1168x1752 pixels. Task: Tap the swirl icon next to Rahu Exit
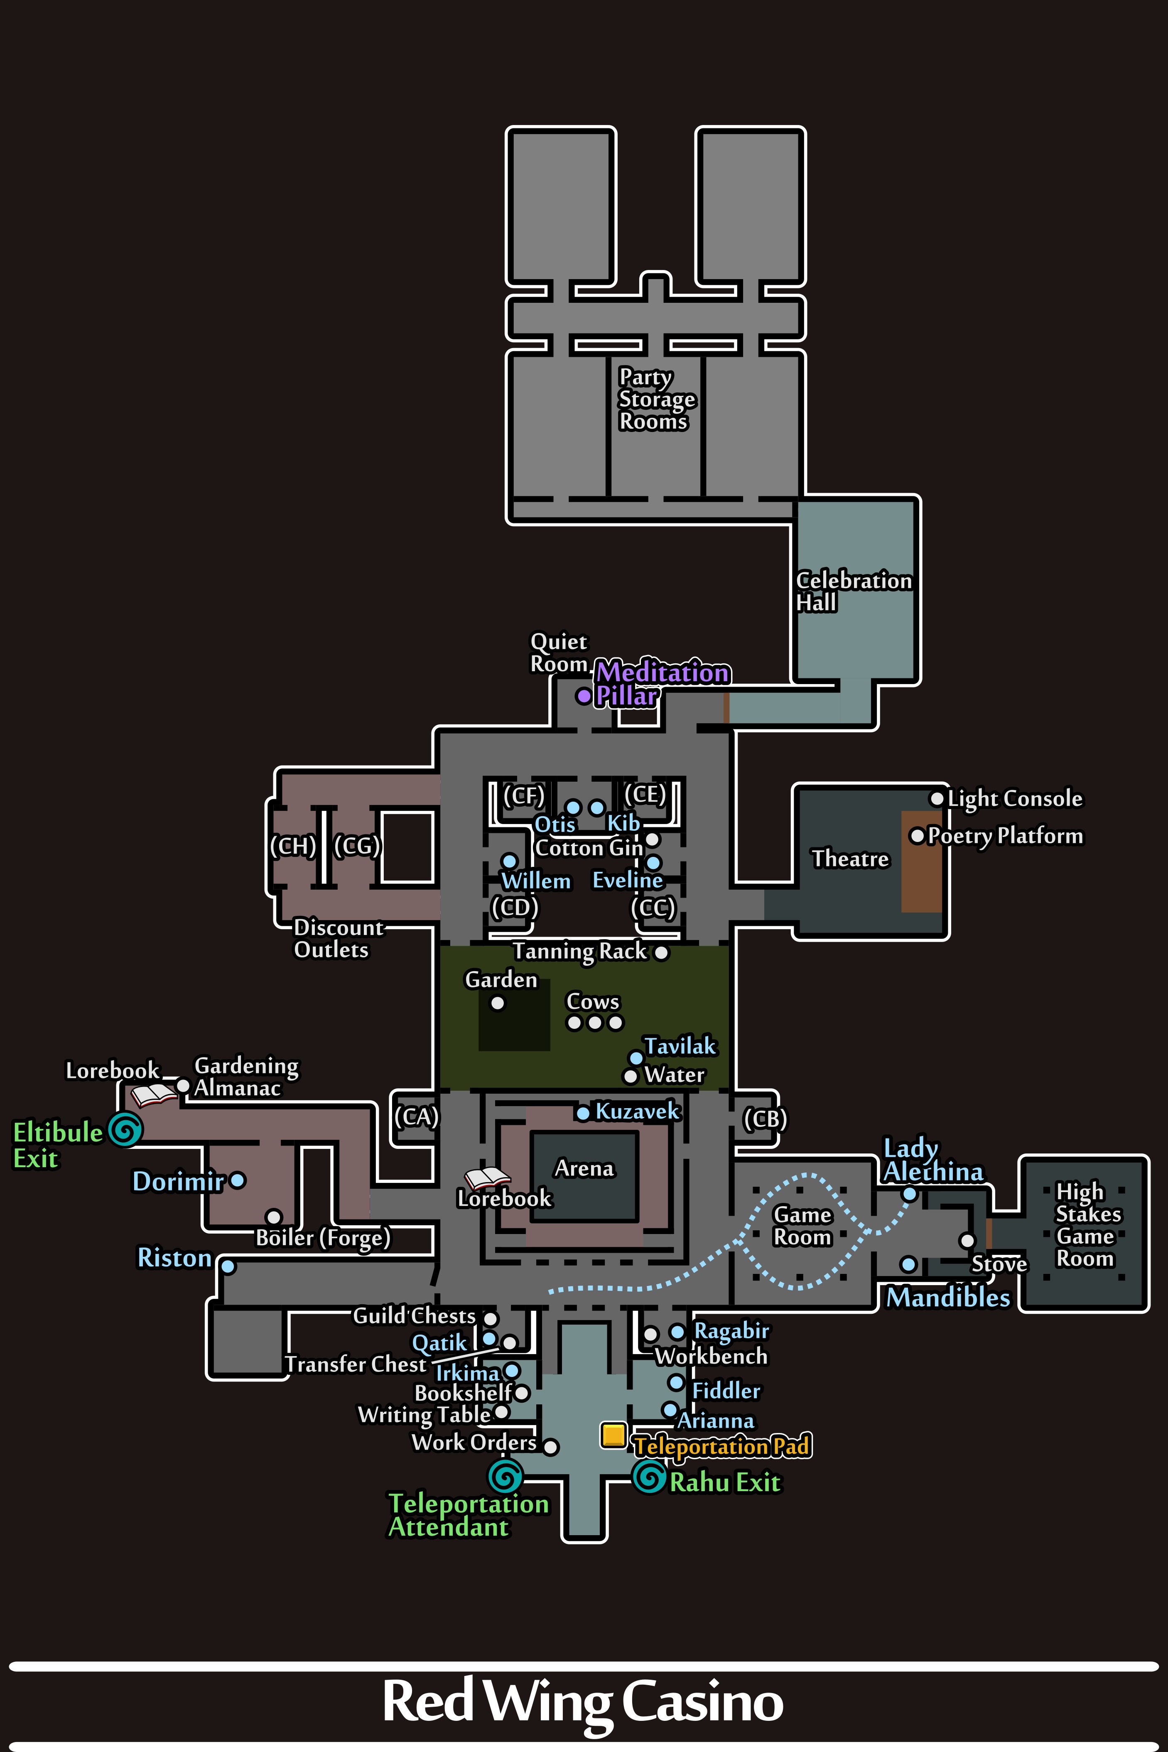point(649,1476)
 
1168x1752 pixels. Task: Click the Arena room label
point(584,1168)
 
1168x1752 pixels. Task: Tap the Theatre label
point(850,859)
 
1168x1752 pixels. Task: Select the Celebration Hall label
point(854,591)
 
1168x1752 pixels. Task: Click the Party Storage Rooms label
point(655,399)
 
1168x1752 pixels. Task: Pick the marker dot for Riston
point(228,1266)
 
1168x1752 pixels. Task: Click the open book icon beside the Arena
point(487,1178)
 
